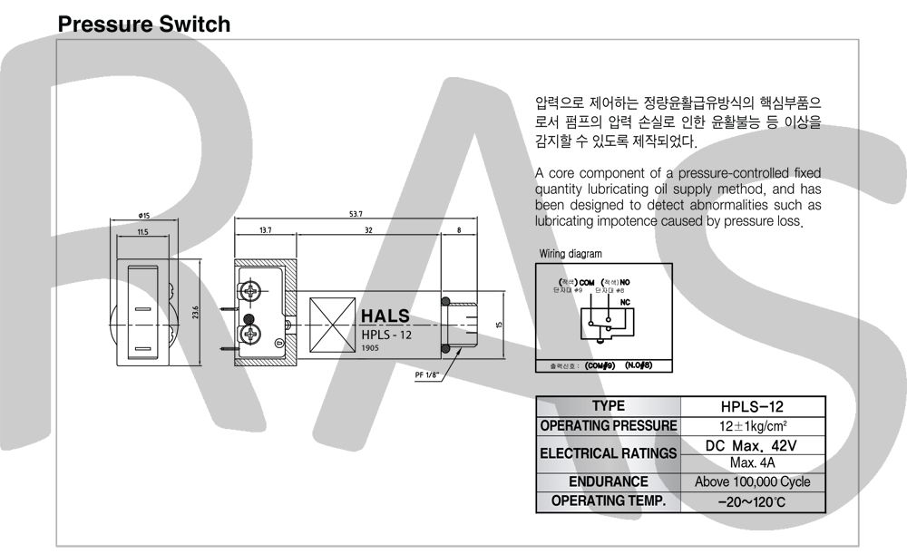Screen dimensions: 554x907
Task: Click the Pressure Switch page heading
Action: pos(144,24)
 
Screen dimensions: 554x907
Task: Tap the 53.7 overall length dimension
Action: pos(356,214)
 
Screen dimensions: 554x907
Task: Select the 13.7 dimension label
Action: pos(265,231)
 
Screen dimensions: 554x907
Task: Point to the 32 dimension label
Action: pos(368,231)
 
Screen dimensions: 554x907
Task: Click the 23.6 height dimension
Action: pos(195,313)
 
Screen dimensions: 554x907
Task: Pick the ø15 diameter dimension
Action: pos(144,215)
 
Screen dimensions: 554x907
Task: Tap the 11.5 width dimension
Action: pos(142,233)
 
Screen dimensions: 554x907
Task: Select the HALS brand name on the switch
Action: pos(385,316)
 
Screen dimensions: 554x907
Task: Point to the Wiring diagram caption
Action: pos(570,254)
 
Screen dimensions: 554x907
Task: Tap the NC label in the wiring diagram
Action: pos(625,301)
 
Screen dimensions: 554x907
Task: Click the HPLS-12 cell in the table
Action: pos(752,406)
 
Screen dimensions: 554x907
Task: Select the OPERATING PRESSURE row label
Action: pos(608,425)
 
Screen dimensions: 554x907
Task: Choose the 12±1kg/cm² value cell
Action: pos(752,425)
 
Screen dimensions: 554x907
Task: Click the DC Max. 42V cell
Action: pos(752,445)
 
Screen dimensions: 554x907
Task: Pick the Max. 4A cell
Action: pos(752,462)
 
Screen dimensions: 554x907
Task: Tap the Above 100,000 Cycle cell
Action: pos(752,482)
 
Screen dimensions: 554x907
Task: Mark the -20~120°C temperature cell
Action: pos(752,501)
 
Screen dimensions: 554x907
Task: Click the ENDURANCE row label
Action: pos(608,482)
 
